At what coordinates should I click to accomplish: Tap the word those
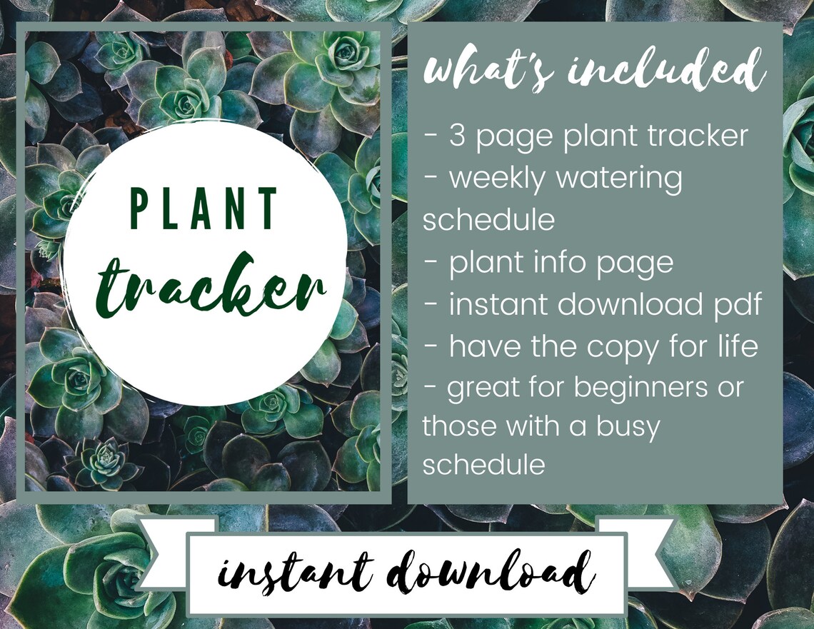[x=460, y=426]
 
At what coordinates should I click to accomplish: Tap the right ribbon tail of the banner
[x=647, y=550]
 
